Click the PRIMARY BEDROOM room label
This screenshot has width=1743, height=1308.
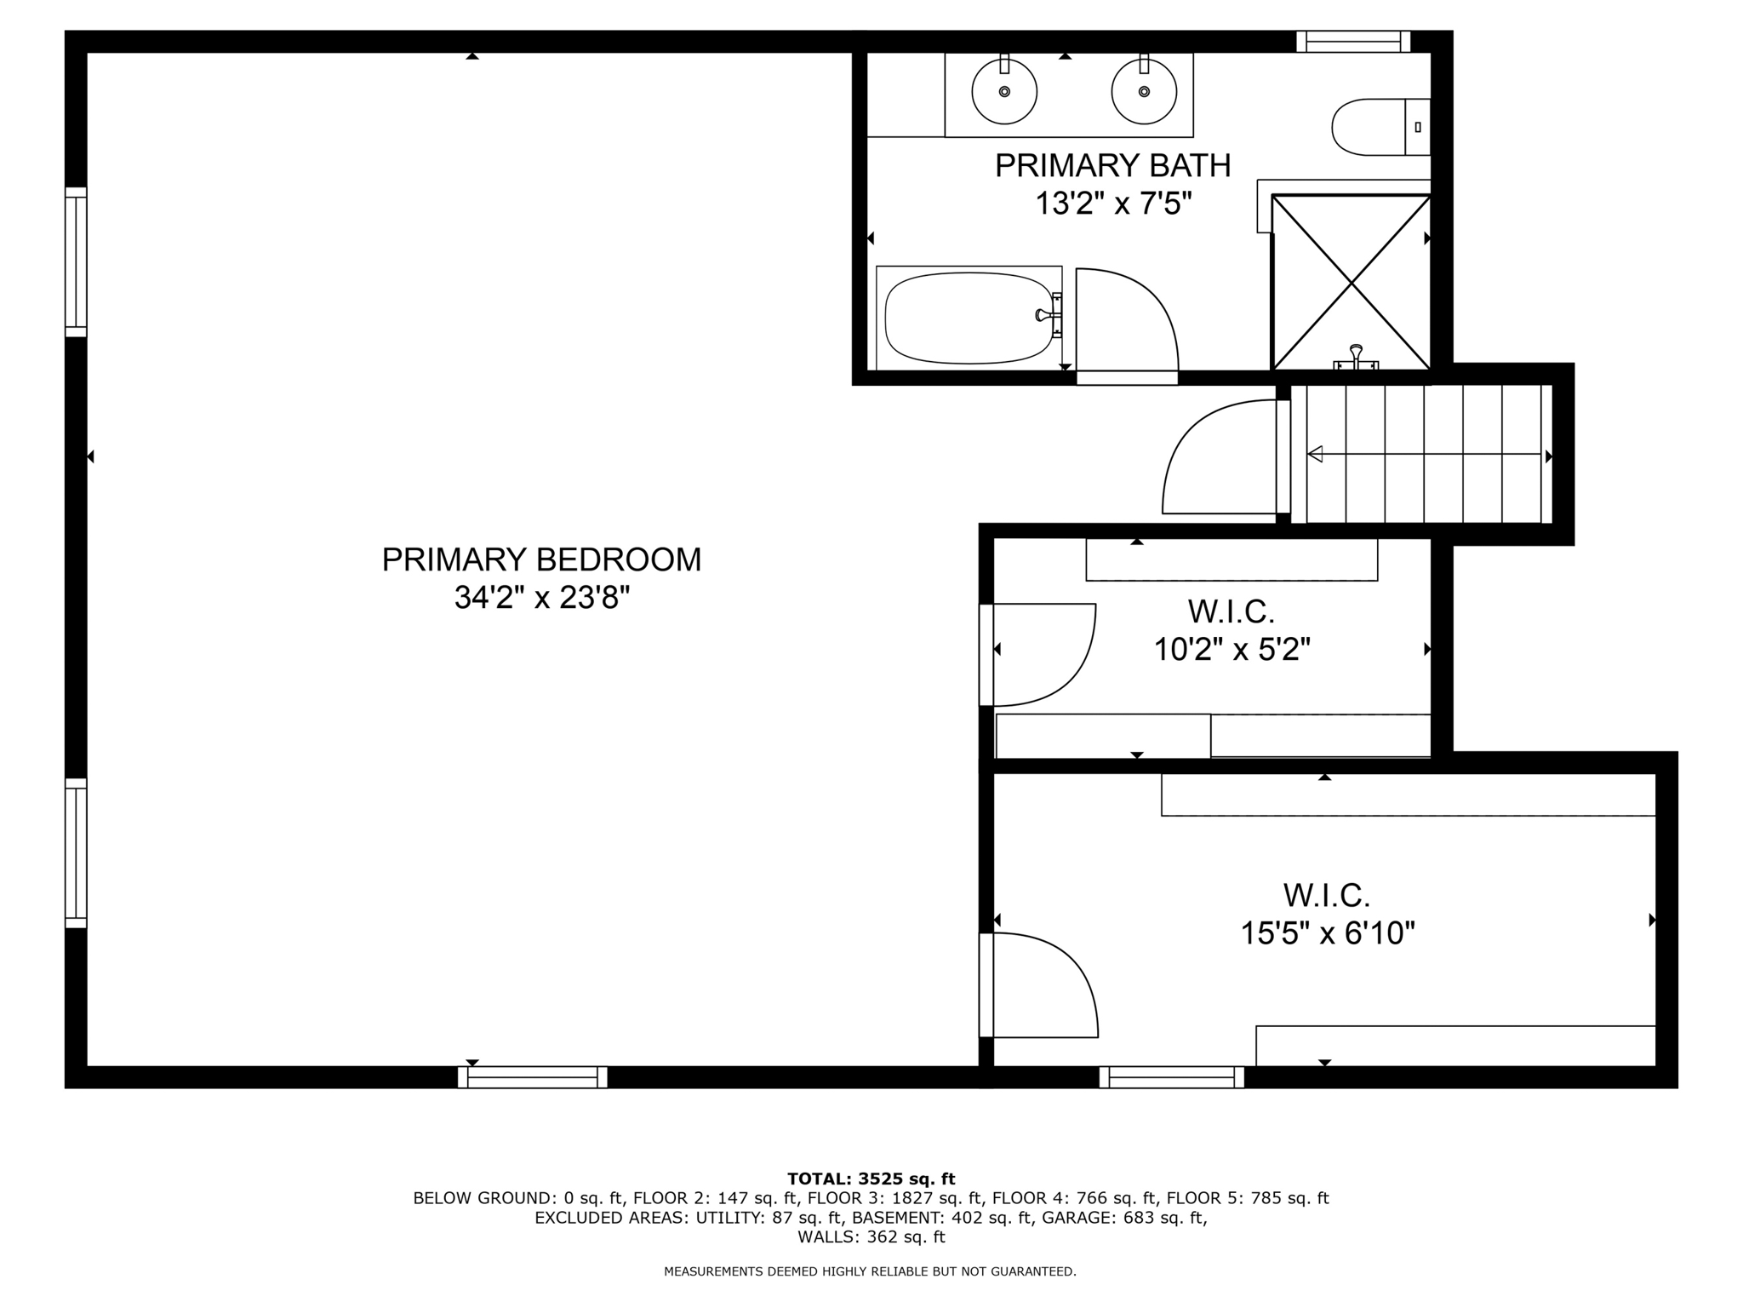pos(541,559)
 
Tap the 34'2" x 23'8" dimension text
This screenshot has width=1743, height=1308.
pos(541,598)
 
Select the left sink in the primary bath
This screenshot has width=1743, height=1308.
pos(1004,90)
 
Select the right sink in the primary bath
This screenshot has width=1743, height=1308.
pos(1144,90)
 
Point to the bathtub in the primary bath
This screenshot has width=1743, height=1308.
pos(969,317)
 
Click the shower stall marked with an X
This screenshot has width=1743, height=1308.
pos(1351,282)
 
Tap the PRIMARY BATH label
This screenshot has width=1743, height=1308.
pos(1112,165)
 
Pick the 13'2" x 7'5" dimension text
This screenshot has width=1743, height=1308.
pos(1112,204)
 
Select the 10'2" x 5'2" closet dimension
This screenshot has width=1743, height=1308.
pos(1232,650)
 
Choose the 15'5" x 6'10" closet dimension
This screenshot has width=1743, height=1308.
pos(1327,933)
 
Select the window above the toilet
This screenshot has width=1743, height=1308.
pos(1353,41)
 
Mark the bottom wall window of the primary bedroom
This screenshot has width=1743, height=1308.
pos(533,1077)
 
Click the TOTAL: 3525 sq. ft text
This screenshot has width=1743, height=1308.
pos(871,1179)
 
